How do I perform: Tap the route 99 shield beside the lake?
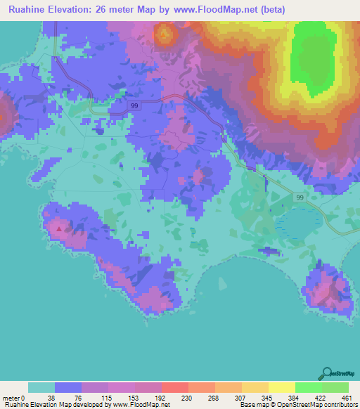[x=299, y=199]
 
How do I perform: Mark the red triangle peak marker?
[x=59, y=228]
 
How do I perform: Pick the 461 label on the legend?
[x=346, y=398]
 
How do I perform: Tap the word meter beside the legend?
[x=11, y=398]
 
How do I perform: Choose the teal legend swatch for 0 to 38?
[x=41, y=387]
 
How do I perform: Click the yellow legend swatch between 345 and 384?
[x=281, y=387]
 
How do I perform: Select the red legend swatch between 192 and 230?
[x=174, y=387]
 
